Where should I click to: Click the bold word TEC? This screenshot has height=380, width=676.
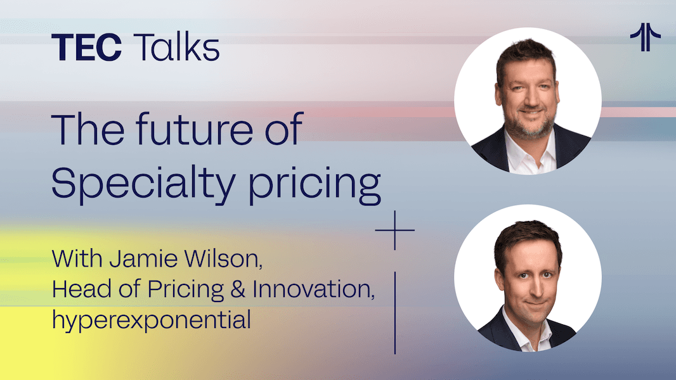[x=87, y=47]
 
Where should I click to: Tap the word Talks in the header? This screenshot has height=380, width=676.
[x=177, y=47]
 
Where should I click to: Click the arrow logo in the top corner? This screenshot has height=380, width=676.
[x=645, y=37]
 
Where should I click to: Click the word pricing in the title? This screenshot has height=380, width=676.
[x=315, y=184]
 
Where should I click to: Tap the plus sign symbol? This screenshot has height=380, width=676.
[x=395, y=231]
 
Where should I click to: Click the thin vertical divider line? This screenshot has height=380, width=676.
[x=395, y=313]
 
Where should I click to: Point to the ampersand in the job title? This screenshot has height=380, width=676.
[x=238, y=289]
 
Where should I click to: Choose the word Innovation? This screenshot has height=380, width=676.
[x=313, y=289]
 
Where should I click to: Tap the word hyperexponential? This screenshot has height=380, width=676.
[x=152, y=320]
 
